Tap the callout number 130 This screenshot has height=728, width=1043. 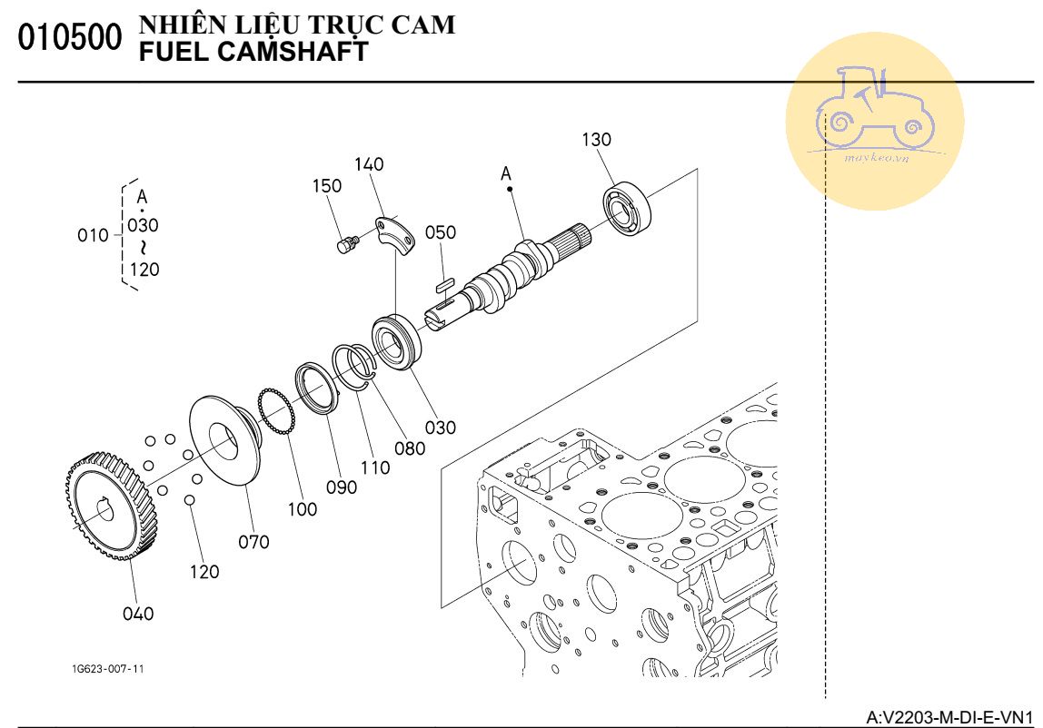pos(597,140)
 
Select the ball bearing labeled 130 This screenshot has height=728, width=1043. pos(628,210)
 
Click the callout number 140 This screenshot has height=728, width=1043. pos(369,164)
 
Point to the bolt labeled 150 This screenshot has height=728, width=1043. pos(345,244)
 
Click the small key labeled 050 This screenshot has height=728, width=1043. pos(443,284)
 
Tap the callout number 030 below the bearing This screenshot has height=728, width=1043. pos(441,427)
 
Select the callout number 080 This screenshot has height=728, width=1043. pos(410,448)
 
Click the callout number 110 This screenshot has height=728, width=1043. pos(374,468)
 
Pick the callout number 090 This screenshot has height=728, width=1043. pos(342,487)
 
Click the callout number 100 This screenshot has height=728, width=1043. pos(303,509)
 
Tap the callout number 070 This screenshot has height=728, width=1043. pos(253,542)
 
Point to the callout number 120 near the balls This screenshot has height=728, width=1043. pos(204,572)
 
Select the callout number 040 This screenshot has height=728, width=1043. pos(138,614)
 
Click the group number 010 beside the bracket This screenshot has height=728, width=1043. pos(93,236)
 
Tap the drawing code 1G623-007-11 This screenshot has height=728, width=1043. pos(108,669)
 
